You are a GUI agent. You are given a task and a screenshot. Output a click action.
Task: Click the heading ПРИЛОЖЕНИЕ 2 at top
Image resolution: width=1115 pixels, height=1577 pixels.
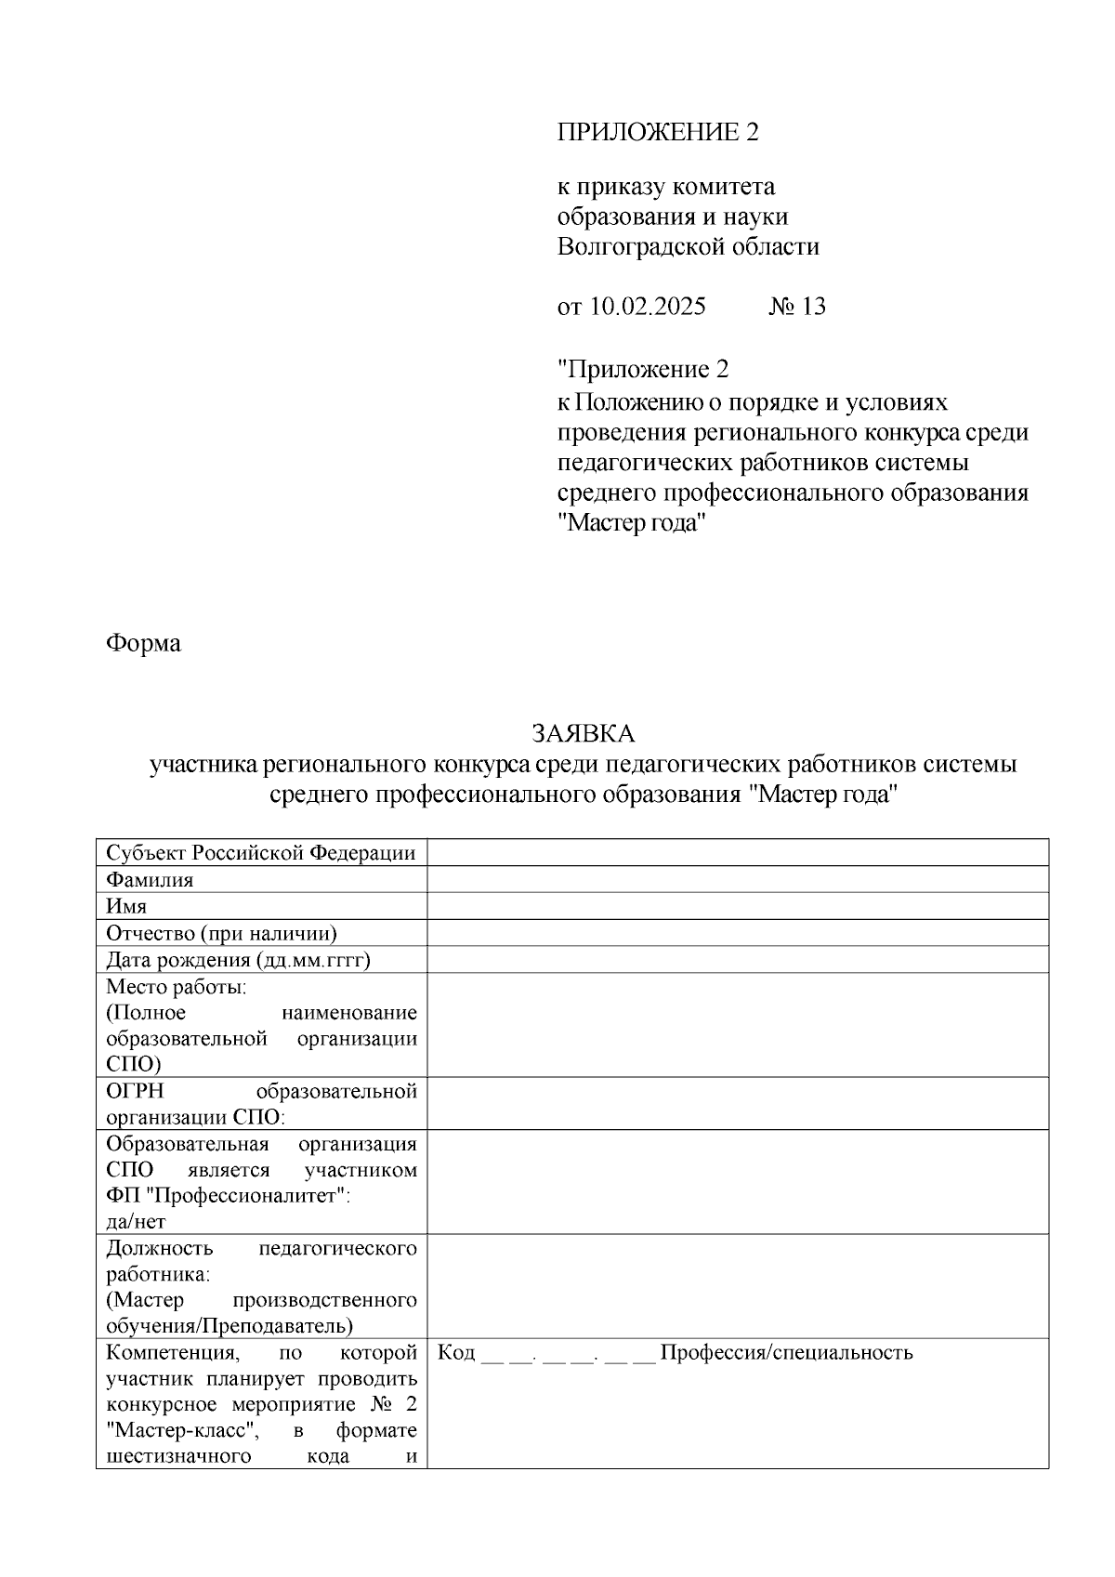658,132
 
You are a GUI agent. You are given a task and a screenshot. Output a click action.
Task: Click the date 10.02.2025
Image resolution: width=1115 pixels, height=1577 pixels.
647,307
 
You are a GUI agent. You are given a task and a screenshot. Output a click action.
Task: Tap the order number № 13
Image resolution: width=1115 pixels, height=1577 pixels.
797,307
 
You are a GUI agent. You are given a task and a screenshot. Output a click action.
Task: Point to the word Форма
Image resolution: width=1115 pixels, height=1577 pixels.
143,642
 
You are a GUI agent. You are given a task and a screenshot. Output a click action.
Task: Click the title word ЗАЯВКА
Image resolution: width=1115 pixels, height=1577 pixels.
583,734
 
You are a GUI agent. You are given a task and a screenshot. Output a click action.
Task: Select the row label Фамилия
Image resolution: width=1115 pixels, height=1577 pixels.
150,879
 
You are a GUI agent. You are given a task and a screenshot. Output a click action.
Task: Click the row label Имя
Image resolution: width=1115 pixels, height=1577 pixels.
126,906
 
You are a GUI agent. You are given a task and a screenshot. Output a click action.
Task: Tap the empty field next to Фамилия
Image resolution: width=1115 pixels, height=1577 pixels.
737,879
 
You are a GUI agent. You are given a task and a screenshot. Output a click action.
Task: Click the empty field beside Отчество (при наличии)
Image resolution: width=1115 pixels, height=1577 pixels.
737,933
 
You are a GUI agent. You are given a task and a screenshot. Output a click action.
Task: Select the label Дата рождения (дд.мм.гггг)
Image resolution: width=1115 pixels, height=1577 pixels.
238,960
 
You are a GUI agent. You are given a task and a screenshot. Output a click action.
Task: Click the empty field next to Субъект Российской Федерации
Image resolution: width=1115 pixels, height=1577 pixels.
737,852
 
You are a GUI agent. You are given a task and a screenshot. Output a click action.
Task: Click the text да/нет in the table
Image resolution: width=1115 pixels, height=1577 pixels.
136,1222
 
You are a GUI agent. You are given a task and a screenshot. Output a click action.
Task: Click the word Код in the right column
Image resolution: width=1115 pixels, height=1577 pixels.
455,1352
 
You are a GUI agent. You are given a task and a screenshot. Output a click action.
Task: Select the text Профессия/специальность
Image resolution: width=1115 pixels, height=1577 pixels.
786,1352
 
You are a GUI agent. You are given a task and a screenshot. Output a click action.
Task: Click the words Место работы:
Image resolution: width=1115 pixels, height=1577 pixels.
176,986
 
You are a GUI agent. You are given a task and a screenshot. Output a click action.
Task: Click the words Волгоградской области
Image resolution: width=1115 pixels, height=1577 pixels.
688,247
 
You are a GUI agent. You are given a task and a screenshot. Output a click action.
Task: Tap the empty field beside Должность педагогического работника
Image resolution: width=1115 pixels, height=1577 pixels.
737,1286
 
